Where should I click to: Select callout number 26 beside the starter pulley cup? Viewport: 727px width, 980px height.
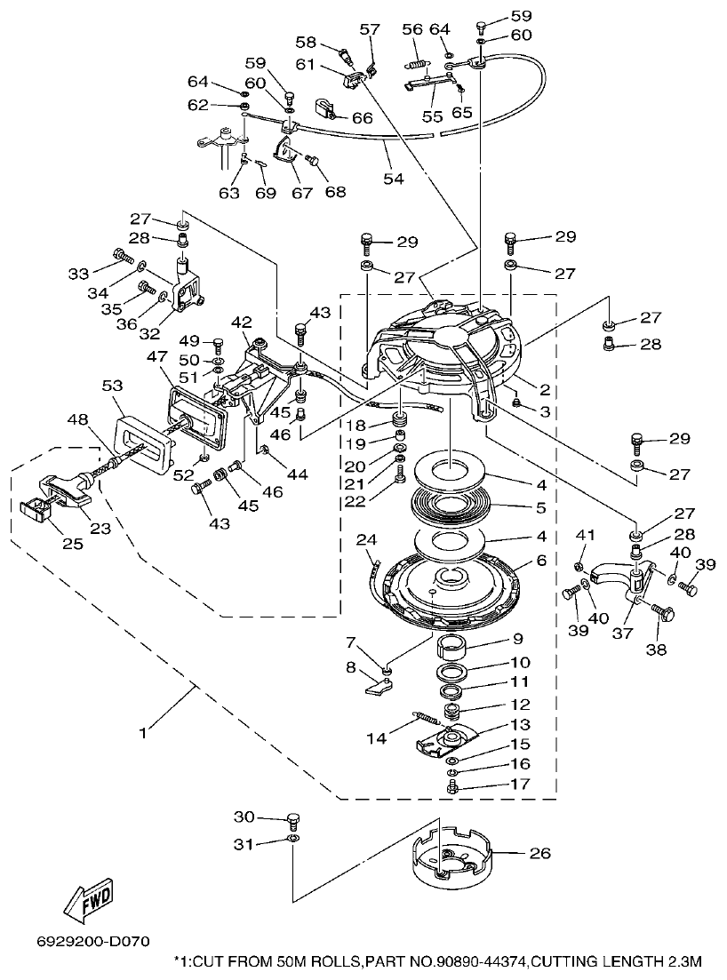pos(539,854)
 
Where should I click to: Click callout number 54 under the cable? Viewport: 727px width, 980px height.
pos(393,178)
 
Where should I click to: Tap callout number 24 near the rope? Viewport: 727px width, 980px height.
pos(365,539)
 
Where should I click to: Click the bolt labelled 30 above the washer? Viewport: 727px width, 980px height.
pos(294,819)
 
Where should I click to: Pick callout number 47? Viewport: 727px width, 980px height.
pos(156,356)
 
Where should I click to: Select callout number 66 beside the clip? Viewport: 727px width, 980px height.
pos(362,117)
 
